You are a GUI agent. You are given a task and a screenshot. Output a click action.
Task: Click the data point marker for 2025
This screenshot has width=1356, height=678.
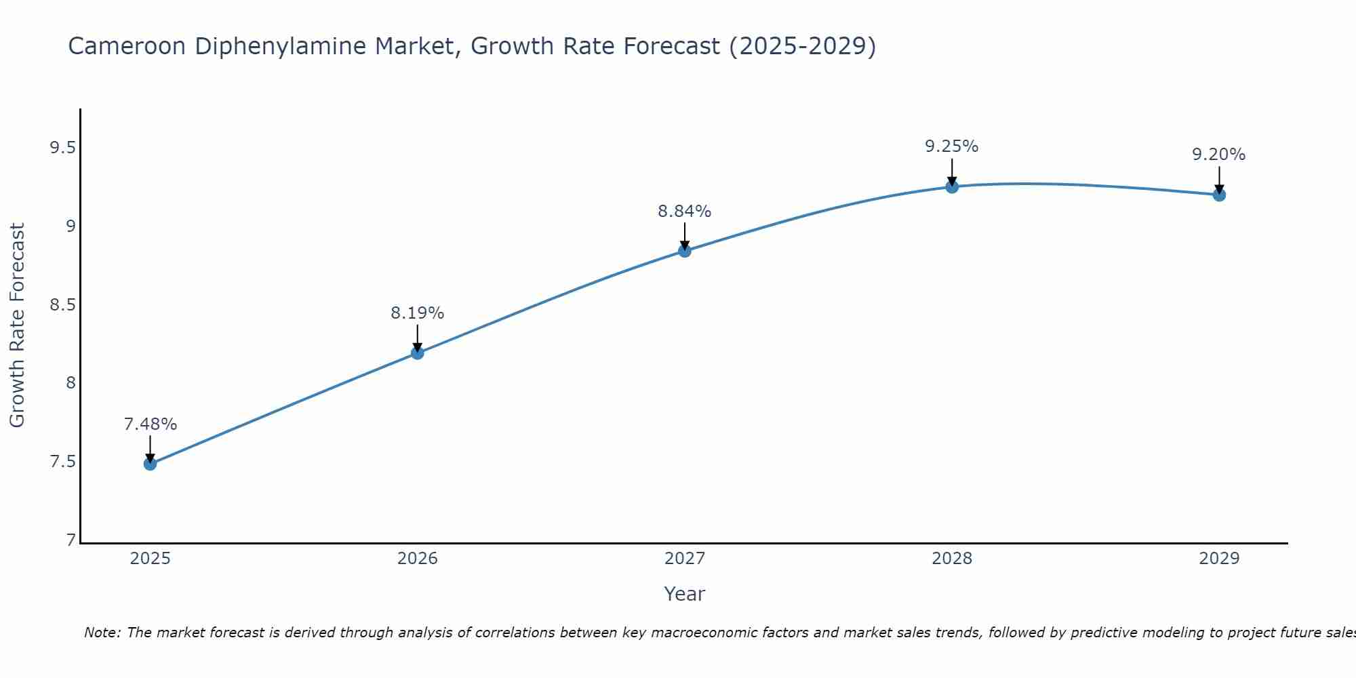[x=150, y=464]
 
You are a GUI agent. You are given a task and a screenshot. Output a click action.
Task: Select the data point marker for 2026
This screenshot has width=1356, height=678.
[x=417, y=353]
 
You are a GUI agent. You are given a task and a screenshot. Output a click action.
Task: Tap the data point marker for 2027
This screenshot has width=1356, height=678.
[x=685, y=251]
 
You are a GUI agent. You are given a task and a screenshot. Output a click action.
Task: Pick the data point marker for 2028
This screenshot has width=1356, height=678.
[x=952, y=186]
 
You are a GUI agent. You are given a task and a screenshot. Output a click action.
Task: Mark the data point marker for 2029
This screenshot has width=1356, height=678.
[x=1219, y=195]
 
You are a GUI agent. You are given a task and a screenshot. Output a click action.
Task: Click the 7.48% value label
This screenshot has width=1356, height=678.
[x=150, y=424]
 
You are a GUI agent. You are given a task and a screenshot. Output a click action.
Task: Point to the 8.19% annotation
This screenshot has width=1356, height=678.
[x=417, y=313]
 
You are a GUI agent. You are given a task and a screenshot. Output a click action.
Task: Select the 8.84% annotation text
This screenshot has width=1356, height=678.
[x=685, y=212]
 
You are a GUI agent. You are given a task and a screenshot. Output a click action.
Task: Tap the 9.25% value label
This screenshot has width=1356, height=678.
[x=952, y=146]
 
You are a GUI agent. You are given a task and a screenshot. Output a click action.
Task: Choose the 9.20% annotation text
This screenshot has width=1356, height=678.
[x=1219, y=155]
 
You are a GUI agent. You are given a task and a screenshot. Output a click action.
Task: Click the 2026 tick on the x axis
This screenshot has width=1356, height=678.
[x=417, y=559]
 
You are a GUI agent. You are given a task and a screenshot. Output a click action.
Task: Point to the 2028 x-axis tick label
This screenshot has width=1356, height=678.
[x=952, y=559]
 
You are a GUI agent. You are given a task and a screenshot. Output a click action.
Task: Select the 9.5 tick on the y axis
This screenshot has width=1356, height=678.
[x=62, y=147]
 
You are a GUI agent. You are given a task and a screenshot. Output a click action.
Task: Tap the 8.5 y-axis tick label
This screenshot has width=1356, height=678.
[x=62, y=304]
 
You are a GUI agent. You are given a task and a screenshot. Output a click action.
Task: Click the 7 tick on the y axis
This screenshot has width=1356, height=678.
[x=71, y=540]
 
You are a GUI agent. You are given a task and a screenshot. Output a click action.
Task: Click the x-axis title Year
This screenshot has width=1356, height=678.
[x=685, y=594]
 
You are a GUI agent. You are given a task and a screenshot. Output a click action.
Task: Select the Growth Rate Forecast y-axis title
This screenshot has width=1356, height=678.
[x=17, y=325]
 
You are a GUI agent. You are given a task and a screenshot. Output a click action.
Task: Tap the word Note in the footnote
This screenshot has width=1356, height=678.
[x=102, y=633]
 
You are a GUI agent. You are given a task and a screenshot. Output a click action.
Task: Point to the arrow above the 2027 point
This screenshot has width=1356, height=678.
[x=685, y=235]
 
